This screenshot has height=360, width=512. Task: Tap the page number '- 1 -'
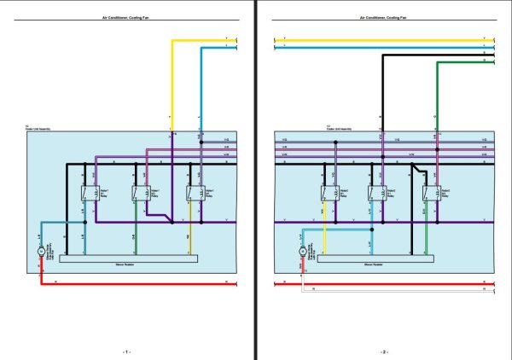127,351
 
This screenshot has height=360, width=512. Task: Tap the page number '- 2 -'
383,351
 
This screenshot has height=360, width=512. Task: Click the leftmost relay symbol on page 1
87,194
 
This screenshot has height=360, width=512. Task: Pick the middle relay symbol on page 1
138,194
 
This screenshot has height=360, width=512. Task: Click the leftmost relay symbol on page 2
329,194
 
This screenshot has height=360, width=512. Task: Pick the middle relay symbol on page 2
375,194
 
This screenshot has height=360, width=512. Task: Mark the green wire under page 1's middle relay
134,235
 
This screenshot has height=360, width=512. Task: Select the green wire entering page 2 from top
436,94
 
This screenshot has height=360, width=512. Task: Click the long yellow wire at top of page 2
375,38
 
